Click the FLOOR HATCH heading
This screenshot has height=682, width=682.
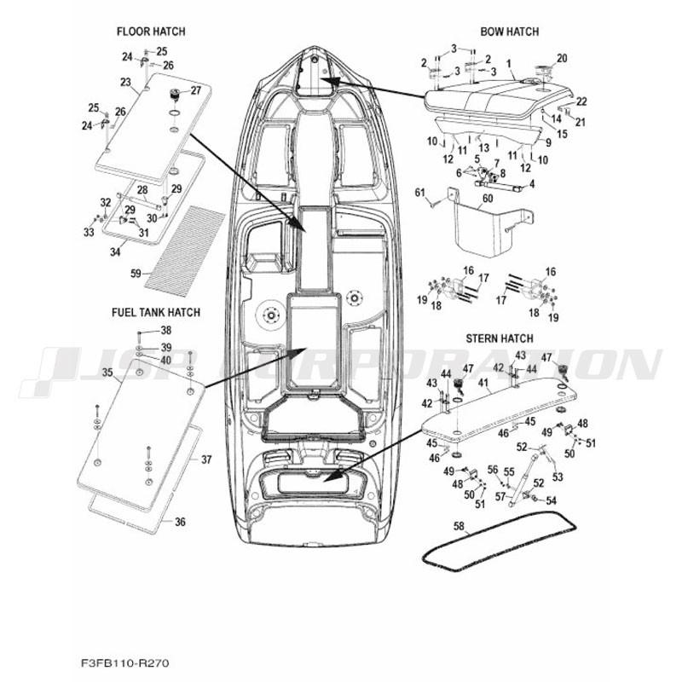[151, 32]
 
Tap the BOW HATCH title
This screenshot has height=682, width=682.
[509, 32]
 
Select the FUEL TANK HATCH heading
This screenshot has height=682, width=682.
[156, 312]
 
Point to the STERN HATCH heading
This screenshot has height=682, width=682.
[500, 338]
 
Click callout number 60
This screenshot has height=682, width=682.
[488, 199]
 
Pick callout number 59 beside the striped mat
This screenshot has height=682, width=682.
[136, 273]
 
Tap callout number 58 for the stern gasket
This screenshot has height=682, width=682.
[459, 526]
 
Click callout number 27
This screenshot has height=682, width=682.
[196, 90]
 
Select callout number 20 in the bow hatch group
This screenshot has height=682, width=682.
[562, 58]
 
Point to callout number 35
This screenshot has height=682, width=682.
[107, 373]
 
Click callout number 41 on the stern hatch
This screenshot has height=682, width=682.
[483, 383]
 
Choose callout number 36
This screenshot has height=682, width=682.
[180, 522]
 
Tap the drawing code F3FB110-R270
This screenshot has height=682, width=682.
[124, 663]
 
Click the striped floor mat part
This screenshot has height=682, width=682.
[185, 251]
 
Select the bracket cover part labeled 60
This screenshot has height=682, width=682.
[489, 223]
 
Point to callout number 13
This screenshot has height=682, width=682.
[483, 148]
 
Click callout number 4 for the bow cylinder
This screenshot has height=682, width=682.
[532, 184]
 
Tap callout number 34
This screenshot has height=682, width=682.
[115, 251]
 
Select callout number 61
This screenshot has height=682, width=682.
[419, 192]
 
